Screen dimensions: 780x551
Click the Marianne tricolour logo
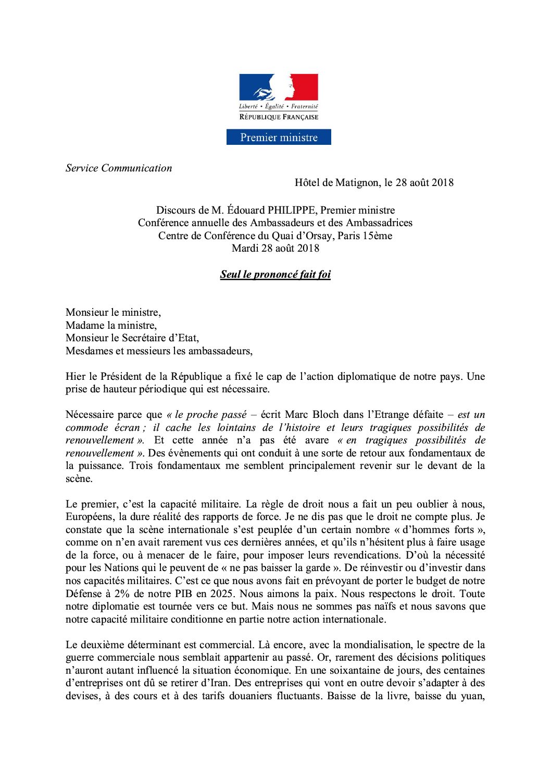(278, 87)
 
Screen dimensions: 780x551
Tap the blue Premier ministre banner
(279, 138)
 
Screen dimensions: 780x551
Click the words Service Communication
(119, 168)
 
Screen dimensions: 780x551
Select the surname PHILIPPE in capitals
(291, 211)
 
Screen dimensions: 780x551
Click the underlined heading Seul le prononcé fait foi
(275, 275)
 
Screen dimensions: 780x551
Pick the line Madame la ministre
(111, 326)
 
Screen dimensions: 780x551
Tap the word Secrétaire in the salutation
(144, 338)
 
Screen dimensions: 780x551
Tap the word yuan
(472, 696)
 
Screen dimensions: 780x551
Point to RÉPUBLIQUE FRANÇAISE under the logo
(279, 117)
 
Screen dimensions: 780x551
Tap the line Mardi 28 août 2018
(275, 249)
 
